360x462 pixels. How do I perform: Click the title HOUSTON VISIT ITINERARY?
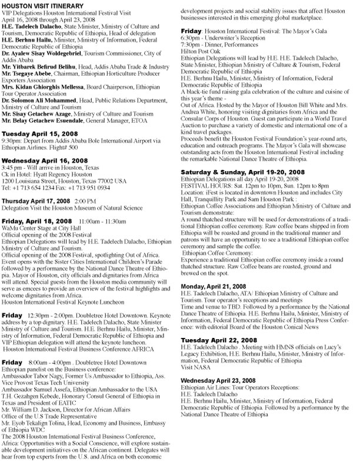(39, 5)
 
